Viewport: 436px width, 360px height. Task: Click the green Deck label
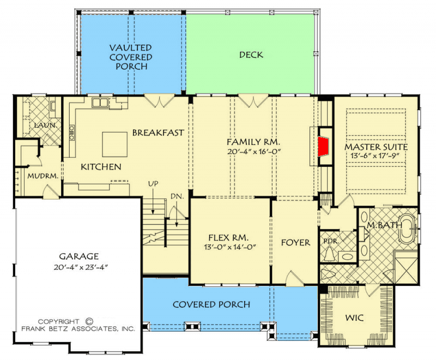coord(251,55)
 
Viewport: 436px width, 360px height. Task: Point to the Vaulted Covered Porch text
coord(131,57)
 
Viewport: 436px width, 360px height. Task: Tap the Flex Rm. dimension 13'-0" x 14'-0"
coord(229,247)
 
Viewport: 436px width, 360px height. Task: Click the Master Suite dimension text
coord(376,155)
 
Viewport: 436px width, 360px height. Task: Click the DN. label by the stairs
coord(177,195)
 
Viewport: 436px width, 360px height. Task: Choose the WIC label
coord(355,317)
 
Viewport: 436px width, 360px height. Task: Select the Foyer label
coord(295,242)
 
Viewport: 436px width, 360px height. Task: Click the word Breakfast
coord(158,133)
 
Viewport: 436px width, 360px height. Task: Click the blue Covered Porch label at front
coord(211,304)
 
